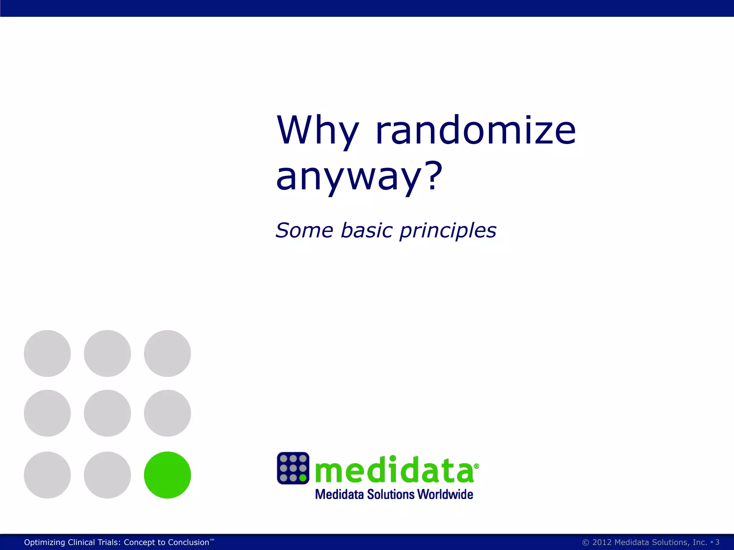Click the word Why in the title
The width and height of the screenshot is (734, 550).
[318, 131]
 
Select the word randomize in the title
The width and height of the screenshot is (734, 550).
[475, 130]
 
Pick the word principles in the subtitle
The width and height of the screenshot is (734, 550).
[448, 231]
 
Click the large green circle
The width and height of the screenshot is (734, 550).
[167, 475]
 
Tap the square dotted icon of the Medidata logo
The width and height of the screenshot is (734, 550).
[293, 468]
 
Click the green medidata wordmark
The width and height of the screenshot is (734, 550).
[394, 470]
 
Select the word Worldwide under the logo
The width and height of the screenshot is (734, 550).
[445, 494]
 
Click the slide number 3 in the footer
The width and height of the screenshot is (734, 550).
[717, 542]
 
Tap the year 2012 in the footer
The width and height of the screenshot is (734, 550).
[602, 542]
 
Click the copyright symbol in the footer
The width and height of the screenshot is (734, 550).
[586, 542]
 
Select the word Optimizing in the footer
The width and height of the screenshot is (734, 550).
[44, 542]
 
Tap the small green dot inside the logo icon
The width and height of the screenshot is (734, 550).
[303, 478]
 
